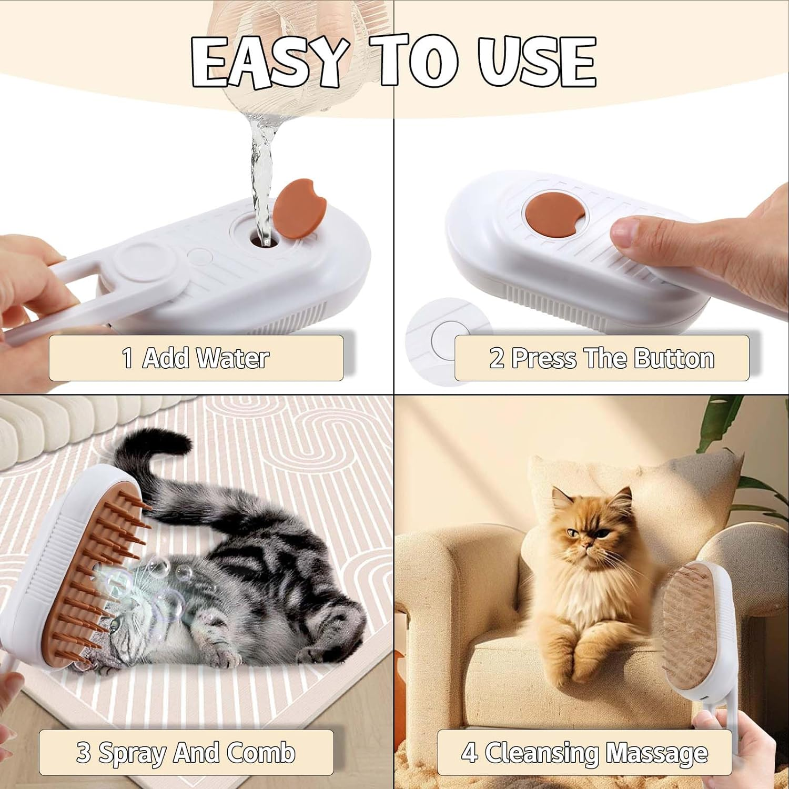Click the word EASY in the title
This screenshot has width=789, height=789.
point(268,62)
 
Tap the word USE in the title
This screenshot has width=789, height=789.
point(537,62)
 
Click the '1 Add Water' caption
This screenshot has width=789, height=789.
point(196,358)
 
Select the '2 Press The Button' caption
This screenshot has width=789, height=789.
point(601,358)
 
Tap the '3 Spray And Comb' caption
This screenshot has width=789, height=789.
point(186,752)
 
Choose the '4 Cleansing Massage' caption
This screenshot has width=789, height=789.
point(584,752)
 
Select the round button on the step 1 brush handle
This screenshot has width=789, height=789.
point(138,260)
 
